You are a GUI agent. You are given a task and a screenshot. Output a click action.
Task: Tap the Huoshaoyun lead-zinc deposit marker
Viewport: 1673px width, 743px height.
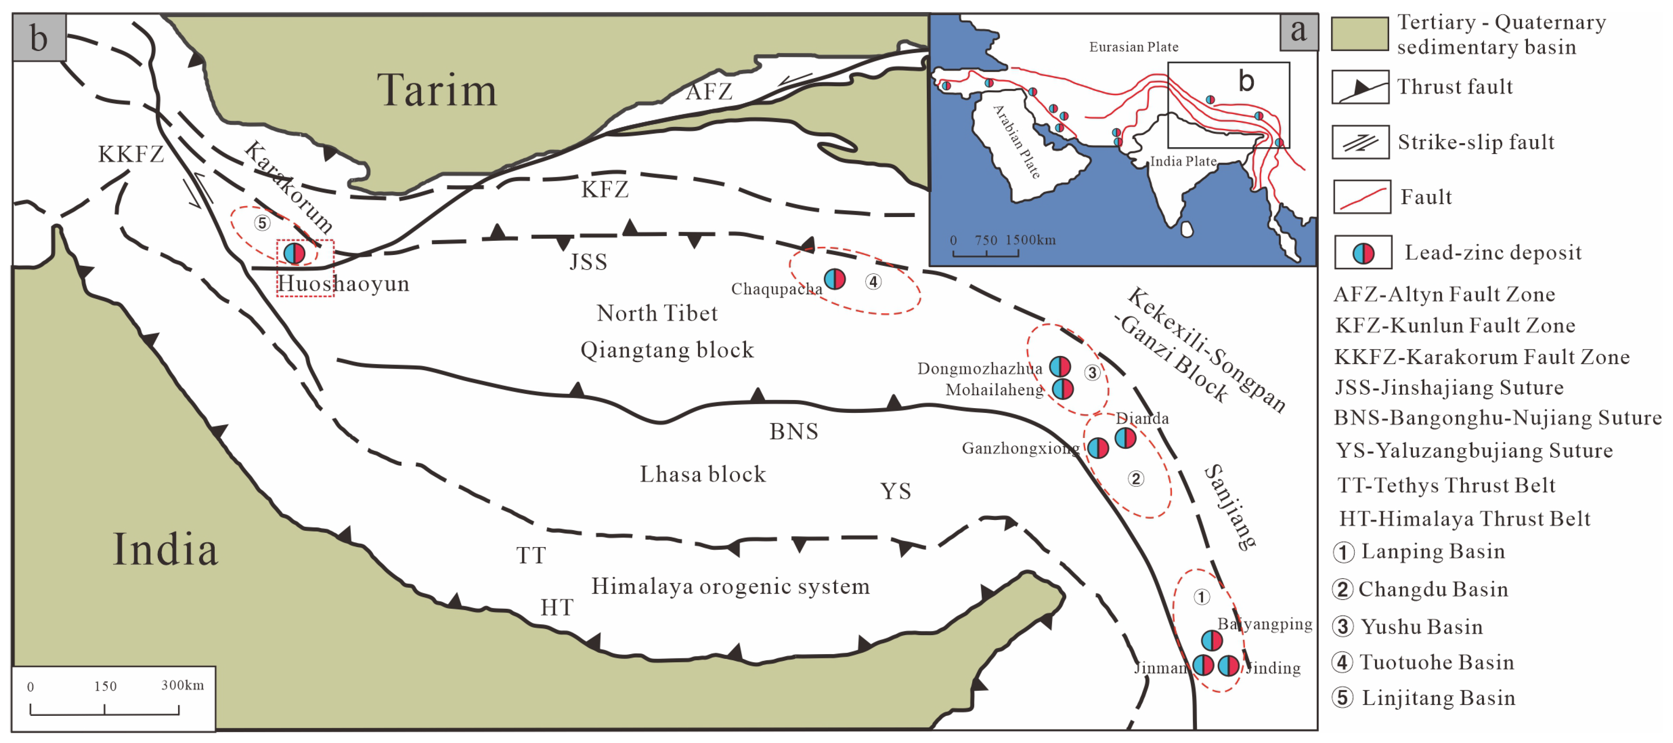[294, 253]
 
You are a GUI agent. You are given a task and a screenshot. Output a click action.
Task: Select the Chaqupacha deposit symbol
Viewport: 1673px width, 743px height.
[835, 279]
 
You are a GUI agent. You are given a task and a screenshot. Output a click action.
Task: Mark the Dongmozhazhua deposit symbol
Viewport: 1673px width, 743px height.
[1060, 366]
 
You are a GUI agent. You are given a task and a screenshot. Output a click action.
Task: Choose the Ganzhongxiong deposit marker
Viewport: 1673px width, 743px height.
[1098, 448]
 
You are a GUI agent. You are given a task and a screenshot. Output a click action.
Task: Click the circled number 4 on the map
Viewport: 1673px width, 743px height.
[873, 282]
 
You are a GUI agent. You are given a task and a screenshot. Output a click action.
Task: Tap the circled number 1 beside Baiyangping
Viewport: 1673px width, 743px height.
[1202, 597]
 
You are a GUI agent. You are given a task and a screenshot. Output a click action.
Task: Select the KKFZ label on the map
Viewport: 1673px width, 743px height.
[131, 154]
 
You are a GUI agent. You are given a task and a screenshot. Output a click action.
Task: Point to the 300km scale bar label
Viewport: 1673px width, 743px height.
[182, 685]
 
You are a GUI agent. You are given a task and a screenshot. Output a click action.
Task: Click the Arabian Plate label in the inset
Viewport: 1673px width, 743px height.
[1017, 142]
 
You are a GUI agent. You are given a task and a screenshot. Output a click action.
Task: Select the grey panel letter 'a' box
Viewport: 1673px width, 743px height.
[1298, 31]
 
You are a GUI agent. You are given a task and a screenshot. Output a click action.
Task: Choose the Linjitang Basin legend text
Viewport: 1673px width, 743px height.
[1438, 698]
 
